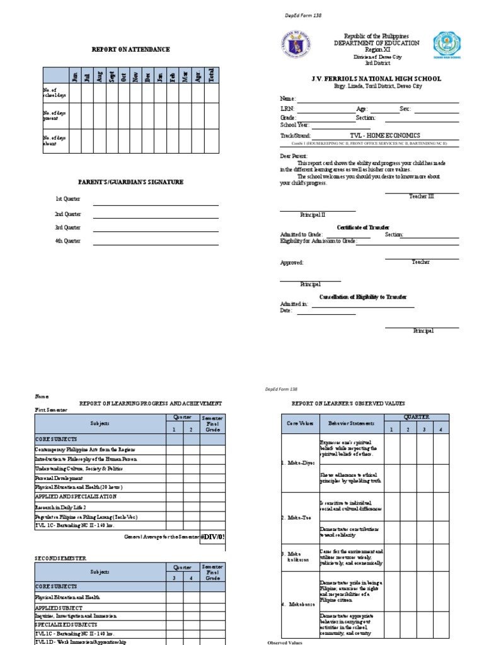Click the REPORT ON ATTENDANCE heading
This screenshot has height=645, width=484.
(131, 49)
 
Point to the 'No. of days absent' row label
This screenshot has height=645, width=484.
(51, 140)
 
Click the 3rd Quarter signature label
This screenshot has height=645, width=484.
(67, 227)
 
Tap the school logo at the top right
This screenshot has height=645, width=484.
(446, 46)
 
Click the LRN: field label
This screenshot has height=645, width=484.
(287, 109)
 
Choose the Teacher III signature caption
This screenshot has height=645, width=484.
(422, 197)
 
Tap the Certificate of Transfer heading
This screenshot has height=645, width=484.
(363, 227)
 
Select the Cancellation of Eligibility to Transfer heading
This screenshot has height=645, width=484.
(363, 297)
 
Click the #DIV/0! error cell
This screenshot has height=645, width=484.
(212, 537)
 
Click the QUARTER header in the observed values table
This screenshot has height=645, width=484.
(416, 417)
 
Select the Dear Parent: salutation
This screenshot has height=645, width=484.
(294, 155)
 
